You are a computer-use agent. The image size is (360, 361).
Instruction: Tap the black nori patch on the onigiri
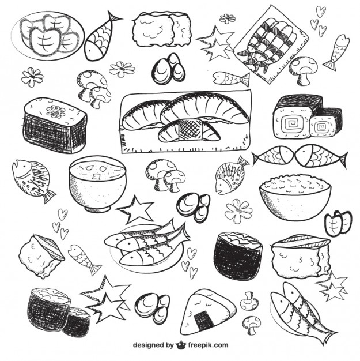point(203,319)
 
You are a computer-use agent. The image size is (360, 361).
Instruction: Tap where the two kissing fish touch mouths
point(299,156)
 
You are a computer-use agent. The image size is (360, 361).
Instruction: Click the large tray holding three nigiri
point(185,122)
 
